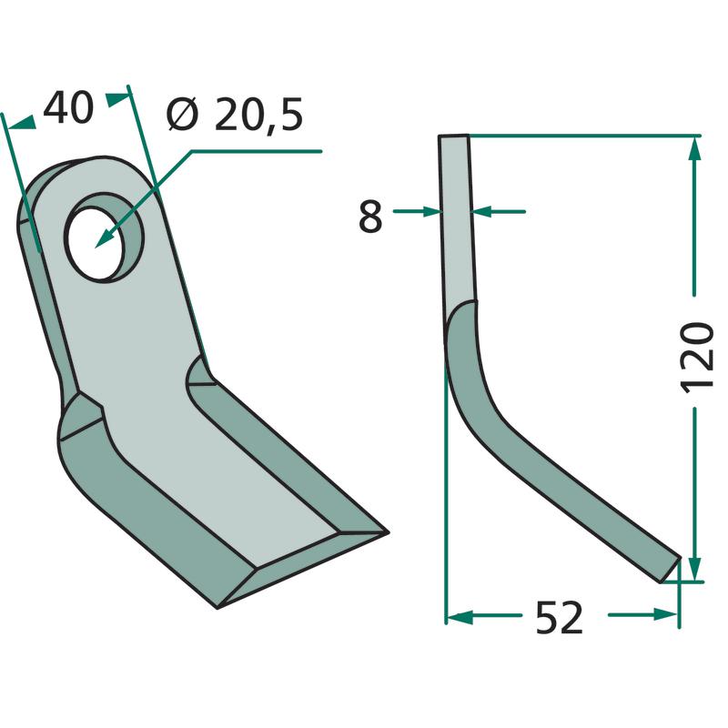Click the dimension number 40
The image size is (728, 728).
(68, 107)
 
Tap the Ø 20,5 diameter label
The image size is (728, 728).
(235, 115)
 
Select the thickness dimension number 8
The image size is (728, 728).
(370, 217)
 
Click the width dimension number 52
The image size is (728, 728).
(559, 618)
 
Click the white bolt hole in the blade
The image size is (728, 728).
(96, 245)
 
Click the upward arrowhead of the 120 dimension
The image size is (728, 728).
(694, 147)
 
